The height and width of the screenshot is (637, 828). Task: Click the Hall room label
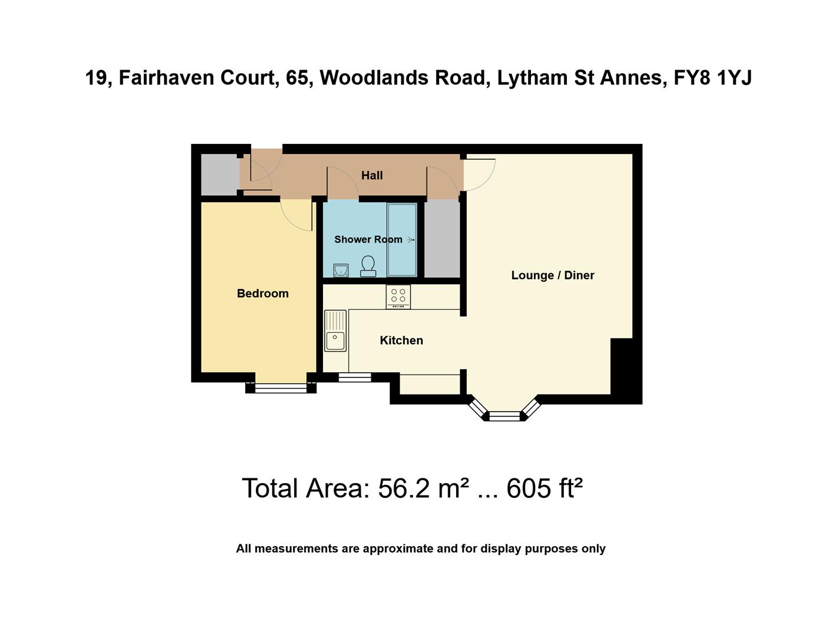click(x=372, y=175)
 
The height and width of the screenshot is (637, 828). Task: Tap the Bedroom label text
click(x=262, y=293)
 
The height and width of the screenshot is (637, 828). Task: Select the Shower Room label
click(x=368, y=239)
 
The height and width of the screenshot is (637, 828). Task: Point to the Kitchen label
click(x=401, y=340)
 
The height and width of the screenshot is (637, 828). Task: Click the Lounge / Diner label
click(x=552, y=275)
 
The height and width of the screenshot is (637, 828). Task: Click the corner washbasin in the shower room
click(x=341, y=270)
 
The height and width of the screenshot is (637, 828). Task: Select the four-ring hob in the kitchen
click(x=398, y=297)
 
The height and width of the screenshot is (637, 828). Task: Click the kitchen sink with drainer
click(x=335, y=331)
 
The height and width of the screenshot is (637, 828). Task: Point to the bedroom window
click(x=281, y=388)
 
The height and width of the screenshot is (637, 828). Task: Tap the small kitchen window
click(x=355, y=377)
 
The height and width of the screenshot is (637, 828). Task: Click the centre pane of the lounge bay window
click(x=506, y=416)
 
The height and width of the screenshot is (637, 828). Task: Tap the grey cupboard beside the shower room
click(x=442, y=238)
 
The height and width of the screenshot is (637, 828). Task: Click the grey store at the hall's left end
click(x=219, y=175)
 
